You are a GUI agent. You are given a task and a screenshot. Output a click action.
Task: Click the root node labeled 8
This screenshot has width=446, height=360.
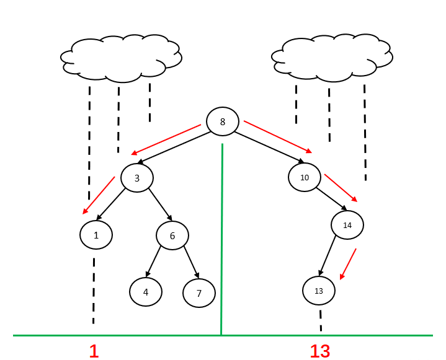(223, 121)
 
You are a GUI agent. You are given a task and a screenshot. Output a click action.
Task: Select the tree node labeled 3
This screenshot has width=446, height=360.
(136, 178)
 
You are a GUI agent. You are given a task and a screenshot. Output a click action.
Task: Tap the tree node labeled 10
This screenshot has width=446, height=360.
(304, 177)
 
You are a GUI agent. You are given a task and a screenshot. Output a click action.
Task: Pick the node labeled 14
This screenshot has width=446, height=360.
(347, 226)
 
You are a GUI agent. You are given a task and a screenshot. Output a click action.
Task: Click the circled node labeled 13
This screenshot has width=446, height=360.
(319, 291)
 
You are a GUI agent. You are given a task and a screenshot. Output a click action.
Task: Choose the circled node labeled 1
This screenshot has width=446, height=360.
(96, 235)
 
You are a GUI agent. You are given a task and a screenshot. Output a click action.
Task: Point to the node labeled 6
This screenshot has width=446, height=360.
(172, 235)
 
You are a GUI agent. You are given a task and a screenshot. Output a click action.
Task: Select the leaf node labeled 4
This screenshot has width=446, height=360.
(146, 292)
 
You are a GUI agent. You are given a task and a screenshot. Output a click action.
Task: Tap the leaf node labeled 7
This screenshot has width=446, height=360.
(199, 293)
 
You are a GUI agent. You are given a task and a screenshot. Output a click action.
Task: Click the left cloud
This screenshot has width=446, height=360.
(121, 59)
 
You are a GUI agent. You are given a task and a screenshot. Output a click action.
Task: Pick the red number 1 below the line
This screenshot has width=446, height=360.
(94, 351)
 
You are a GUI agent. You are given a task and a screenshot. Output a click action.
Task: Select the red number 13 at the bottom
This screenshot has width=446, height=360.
(320, 351)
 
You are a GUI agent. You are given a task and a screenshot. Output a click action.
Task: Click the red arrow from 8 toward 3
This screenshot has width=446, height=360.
(166, 139)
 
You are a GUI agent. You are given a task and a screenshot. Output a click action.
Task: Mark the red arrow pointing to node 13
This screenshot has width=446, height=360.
(347, 264)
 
